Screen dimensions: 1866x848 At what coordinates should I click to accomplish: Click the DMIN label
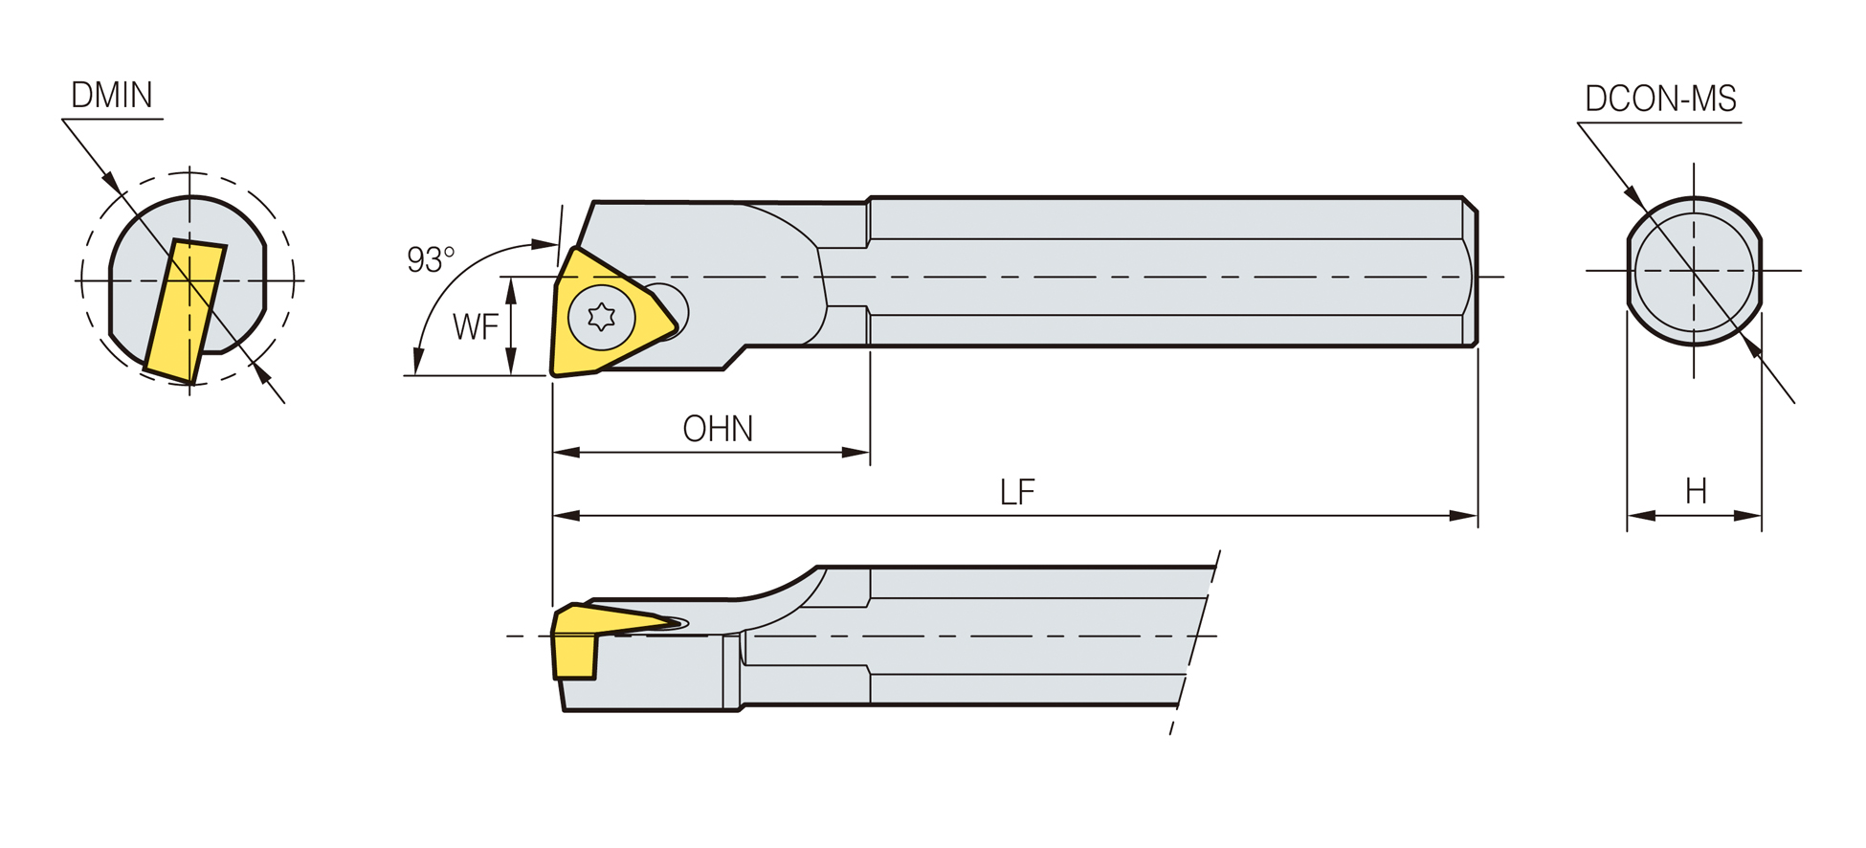(x=112, y=95)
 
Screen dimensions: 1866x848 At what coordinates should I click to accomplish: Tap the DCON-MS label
(x=1660, y=99)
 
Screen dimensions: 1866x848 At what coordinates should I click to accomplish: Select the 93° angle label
(x=431, y=259)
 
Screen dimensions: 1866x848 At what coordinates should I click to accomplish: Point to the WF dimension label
(x=476, y=327)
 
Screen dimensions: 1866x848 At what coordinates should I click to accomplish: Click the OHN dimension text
(x=718, y=429)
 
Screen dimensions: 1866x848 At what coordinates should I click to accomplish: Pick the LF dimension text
(x=1017, y=493)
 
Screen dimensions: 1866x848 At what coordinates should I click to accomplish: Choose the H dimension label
(x=1696, y=492)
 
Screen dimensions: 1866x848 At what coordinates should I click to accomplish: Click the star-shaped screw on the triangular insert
(x=601, y=317)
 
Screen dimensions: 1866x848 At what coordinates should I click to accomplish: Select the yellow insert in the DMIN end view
(x=185, y=311)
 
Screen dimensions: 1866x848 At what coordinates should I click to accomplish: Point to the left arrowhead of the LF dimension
(x=566, y=516)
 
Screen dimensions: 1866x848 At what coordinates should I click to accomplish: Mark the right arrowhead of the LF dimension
(x=1464, y=516)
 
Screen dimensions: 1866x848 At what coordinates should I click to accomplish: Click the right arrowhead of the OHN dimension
(x=855, y=453)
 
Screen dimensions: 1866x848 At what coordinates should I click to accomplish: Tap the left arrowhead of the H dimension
(x=1641, y=516)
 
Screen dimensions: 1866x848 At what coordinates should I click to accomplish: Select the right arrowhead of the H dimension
(x=1747, y=516)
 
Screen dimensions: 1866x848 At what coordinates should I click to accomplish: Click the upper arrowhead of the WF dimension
(x=511, y=291)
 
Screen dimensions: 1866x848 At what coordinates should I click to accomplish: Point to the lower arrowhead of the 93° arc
(x=418, y=361)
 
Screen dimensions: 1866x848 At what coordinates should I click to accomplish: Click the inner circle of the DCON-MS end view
(x=1694, y=272)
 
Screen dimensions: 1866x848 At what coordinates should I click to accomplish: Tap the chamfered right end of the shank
(x=1470, y=272)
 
